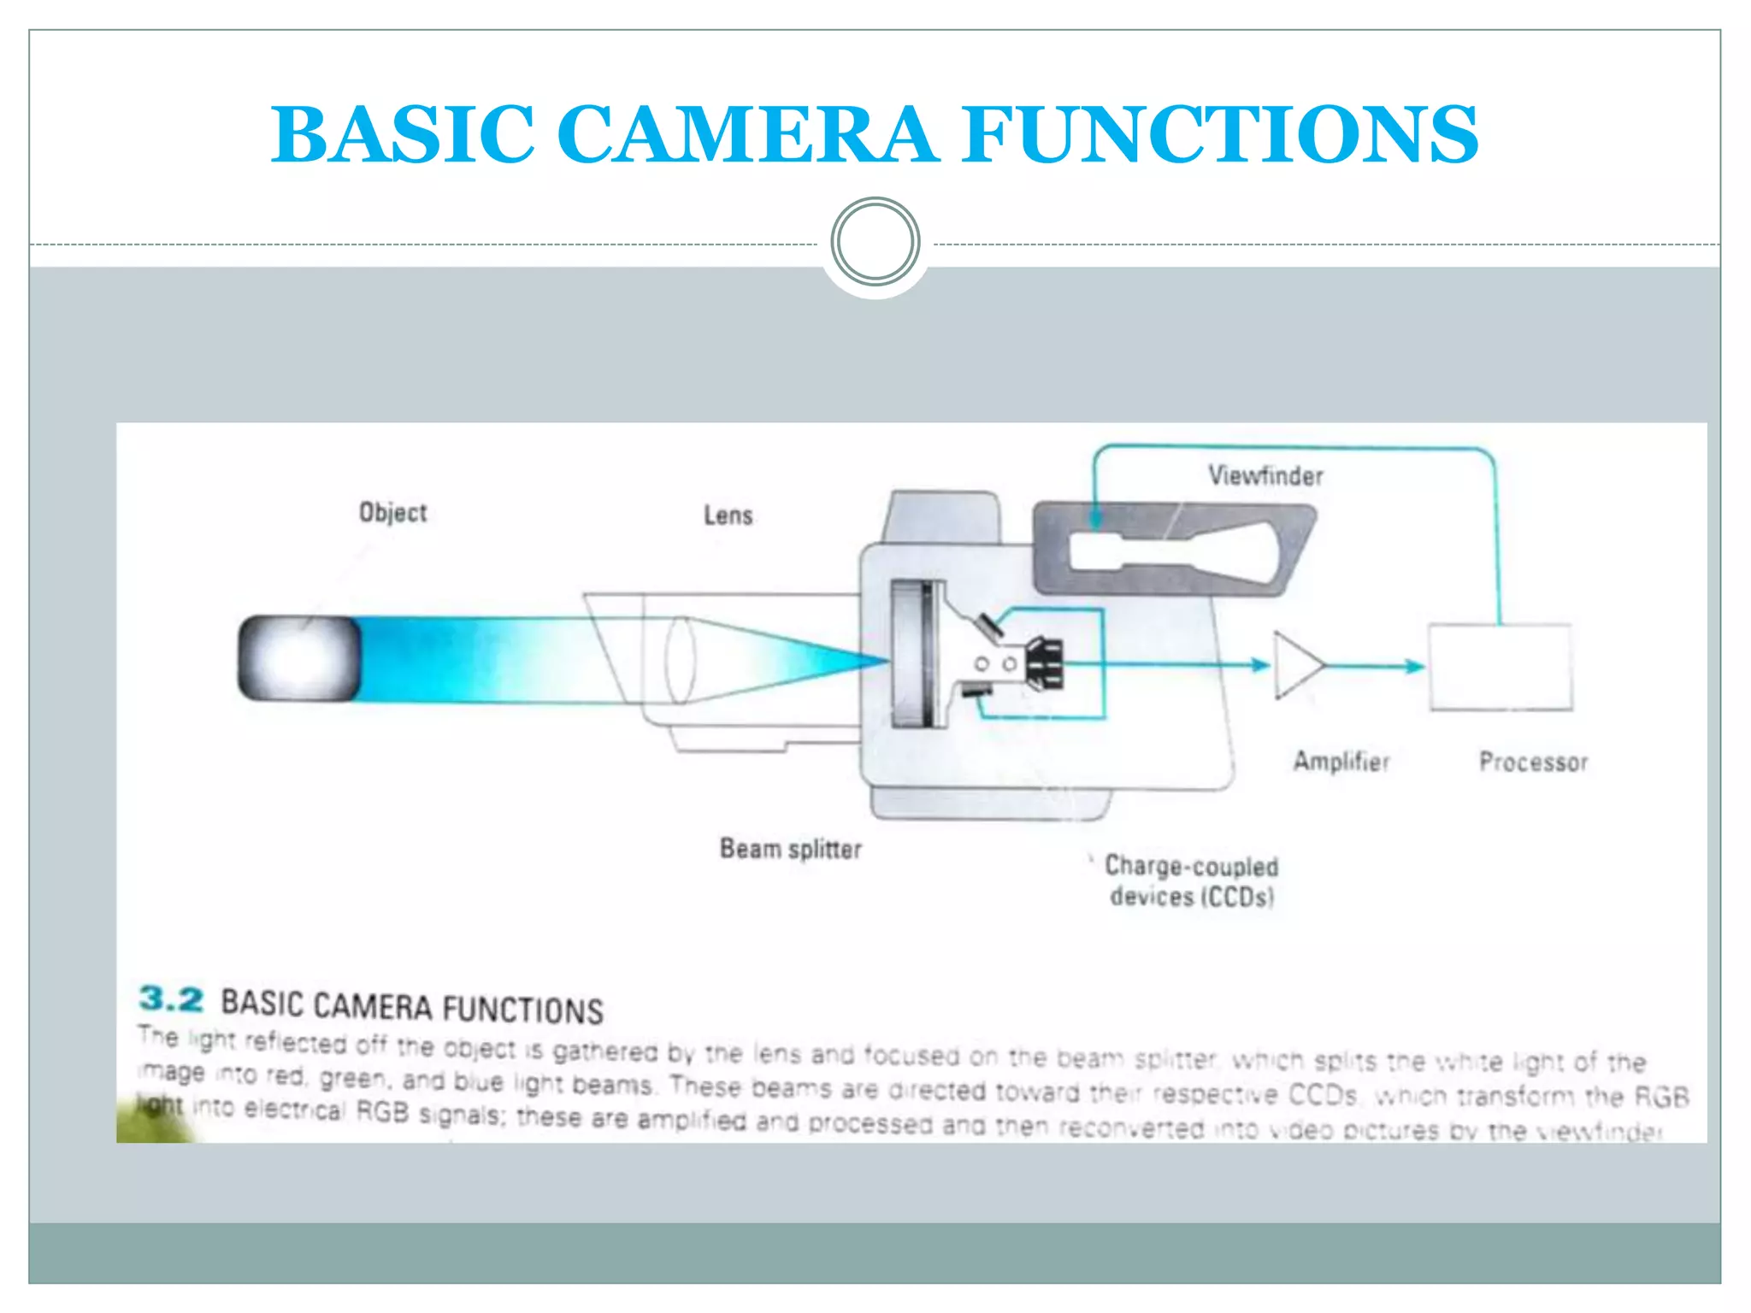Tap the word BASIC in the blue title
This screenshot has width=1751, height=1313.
(x=403, y=134)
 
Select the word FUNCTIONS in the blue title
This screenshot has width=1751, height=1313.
(x=1220, y=134)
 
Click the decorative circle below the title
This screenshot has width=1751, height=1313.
(x=875, y=241)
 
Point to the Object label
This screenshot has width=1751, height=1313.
(x=392, y=512)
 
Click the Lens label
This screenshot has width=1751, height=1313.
(x=728, y=515)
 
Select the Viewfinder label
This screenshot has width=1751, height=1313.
(x=1265, y=475)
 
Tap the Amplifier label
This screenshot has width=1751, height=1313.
(x=1341, y=761)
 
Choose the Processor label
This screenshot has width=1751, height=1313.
(x=1533, y=762)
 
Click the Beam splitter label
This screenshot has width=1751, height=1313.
(x=790, y=849)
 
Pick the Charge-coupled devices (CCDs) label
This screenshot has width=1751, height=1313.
(x=1191, y=881)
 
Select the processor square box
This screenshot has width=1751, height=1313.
(x=1500, y=667)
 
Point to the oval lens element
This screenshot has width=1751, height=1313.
(x=680, y=659)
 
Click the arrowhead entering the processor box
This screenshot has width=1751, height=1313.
(x=1416, y=666)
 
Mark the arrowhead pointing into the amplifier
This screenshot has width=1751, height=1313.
(x=1260, y=665)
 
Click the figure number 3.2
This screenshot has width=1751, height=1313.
(x=171, y=998)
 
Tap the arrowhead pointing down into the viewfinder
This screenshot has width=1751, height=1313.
(x=1095, y=518)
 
